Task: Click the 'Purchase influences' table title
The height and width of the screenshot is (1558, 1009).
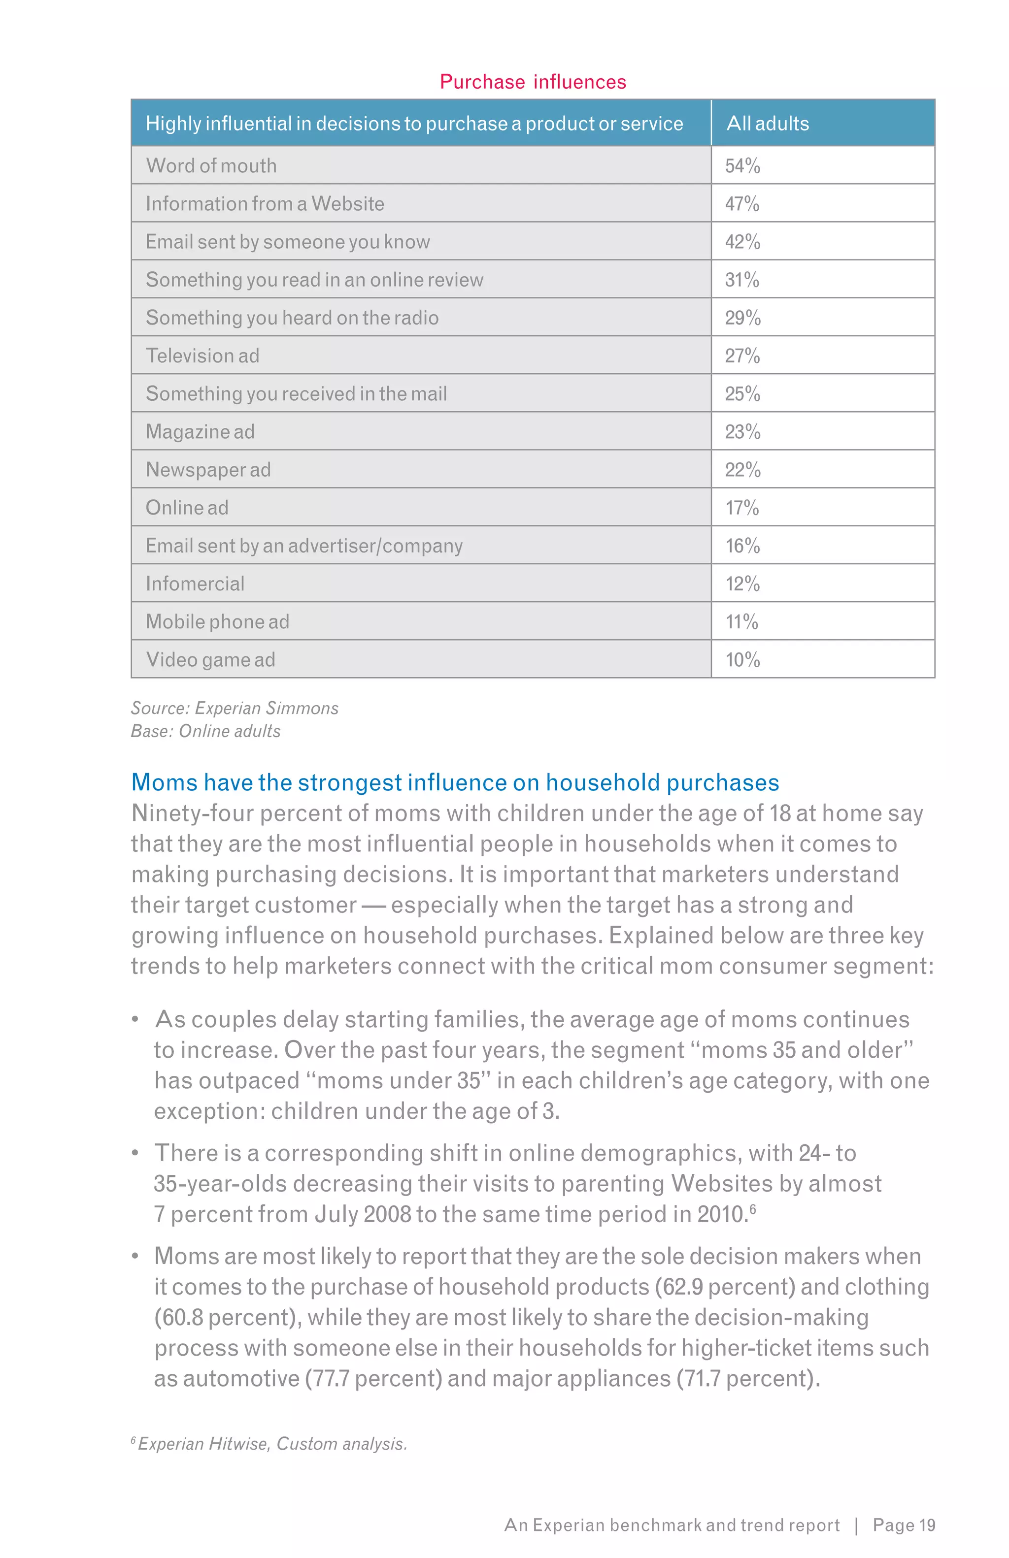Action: (x=532, y=82)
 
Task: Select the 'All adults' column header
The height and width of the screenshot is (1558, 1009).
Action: (x=768, y=124)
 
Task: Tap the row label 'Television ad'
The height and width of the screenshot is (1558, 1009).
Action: (x=202, y=356)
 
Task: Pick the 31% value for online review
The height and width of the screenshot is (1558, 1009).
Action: (x=742, y=280)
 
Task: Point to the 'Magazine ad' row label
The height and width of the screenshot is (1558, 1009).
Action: (x=200, y=432)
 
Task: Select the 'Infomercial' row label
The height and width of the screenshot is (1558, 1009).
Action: (x=195, y=584)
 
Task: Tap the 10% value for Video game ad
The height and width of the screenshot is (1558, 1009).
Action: (x=742, y=660)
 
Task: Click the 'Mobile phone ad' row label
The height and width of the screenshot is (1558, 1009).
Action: (x=217, y=622)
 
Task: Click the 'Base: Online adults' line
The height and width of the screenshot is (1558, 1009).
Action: (x=205, y=731)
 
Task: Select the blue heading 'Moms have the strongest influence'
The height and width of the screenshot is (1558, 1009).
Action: (x=454, y=783)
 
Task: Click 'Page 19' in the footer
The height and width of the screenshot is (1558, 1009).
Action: (x=904, y=1526)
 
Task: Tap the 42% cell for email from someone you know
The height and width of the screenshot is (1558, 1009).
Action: (x=742, y=242)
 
